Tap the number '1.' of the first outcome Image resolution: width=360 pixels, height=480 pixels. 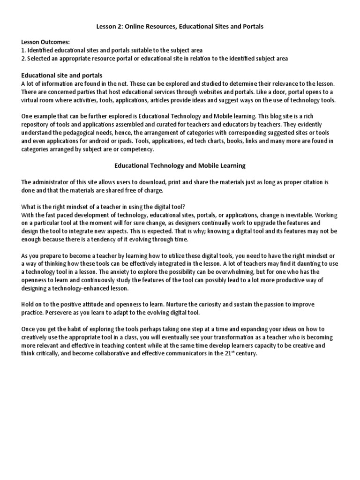pos(23,50)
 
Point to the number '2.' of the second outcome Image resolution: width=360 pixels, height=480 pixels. pos(24,58)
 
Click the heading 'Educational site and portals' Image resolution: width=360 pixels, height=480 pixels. pos(62,75)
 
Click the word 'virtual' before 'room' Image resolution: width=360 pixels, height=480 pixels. pos(31,100)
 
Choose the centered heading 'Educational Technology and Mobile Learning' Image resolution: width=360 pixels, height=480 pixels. pos(180,165)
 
